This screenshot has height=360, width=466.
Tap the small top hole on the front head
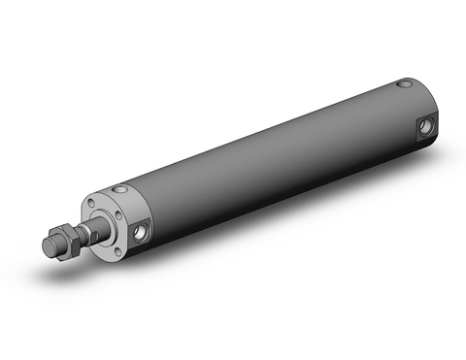point(119,188)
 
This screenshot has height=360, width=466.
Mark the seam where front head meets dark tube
point(136,194)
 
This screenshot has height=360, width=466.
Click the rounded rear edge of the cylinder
point(435,107)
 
